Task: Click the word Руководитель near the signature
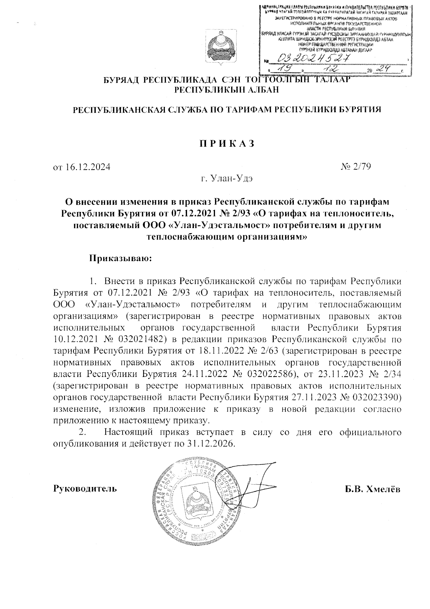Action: pyautogui.click(x=85, y=488)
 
